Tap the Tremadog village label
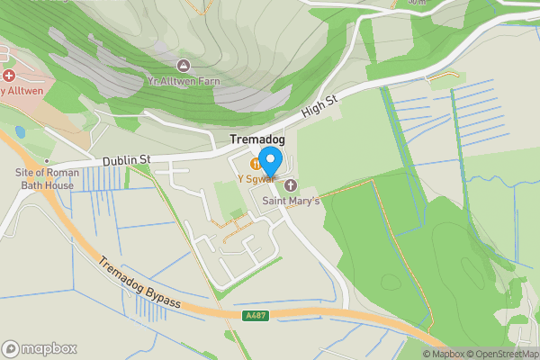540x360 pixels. click(x=257, y=139)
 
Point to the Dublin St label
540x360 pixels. click(x=126, y=160)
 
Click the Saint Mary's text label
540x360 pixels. click(x=291, y=201)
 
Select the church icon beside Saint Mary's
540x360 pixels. click(x=291, y=185)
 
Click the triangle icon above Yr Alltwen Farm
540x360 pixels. click(x=184, y=65)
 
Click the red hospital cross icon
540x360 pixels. click(x=10, y=76)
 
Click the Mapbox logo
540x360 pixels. click(x=39, y=349)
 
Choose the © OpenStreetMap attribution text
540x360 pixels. click(x=509, y=354)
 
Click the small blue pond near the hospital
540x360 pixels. click(x=20, y=132)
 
